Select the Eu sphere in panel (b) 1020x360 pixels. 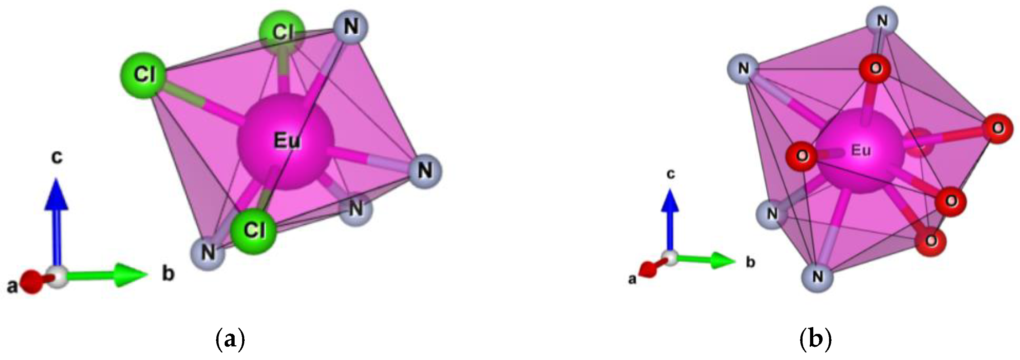click(860, 151)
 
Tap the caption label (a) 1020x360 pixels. click(230, 339)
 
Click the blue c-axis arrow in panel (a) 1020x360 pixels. click(56, 222)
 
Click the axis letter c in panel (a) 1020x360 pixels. click(57, 157)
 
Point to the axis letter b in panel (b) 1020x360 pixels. click(751, 262)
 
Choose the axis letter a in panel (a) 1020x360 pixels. click(12, 286)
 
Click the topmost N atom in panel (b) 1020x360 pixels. click(882, 21)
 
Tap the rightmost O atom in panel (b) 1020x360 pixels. click(998, 128)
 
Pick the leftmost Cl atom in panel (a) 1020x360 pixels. click(144, 74)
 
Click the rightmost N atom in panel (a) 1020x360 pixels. click(425, 171)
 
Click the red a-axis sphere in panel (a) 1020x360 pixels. click(31, 282)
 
